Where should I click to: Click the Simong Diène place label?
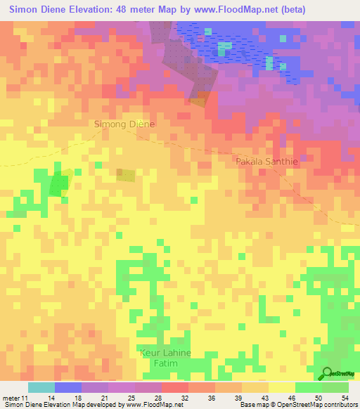tap(123, 124)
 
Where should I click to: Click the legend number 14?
tap(52, 398)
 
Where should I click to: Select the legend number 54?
tap(344, 398)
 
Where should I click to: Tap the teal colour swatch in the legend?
tap(41, 387)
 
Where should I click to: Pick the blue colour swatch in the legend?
tap(68, 387)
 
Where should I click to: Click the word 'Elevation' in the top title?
tap(88, 9)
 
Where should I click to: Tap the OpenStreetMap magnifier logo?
tap(328, 374)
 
